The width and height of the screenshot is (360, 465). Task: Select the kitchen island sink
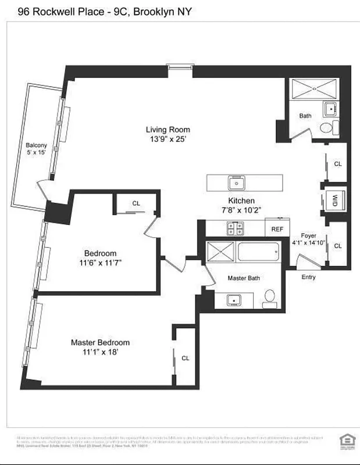point(237,183)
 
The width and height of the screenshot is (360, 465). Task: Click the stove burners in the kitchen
point(235,228)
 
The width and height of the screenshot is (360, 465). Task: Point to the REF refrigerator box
point(277,229)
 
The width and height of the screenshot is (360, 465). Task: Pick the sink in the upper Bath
point(330,108)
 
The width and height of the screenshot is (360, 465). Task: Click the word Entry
point(308,277)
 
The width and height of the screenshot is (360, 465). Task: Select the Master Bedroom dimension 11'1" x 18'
point(100,352)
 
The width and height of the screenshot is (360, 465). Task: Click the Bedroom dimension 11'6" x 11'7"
point(100,263)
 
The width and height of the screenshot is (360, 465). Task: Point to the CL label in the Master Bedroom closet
point(185,358)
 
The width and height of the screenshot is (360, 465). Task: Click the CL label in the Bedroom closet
point(136,203)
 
